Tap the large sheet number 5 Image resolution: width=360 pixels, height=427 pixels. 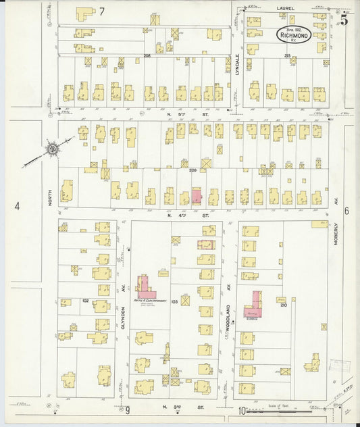coord(344,20)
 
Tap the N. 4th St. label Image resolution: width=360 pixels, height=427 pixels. coord(182,215)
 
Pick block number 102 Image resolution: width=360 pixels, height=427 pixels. coord(86,299)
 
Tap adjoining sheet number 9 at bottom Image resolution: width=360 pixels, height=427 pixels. coord(126,409)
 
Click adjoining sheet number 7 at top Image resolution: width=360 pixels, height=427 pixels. coord(102,11)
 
